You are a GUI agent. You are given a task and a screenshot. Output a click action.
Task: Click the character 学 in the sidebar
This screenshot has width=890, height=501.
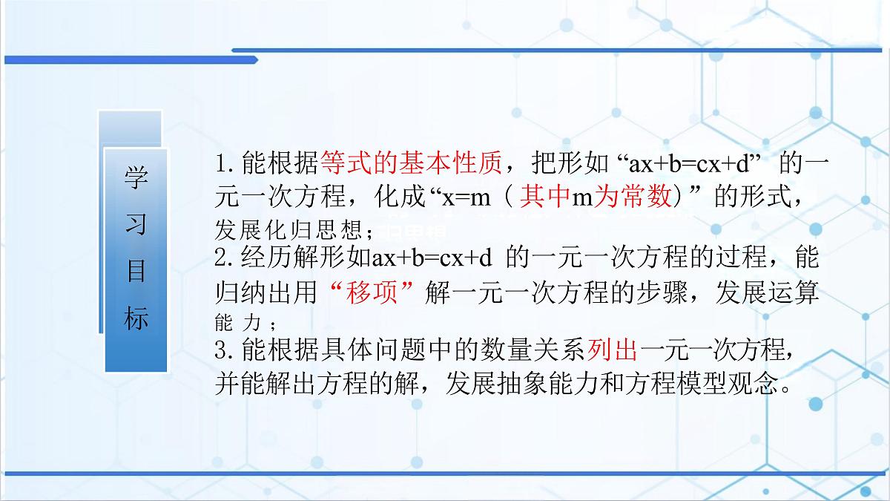click(136, 179)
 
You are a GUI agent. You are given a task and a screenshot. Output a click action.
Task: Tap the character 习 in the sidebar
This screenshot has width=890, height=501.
click(136, 225)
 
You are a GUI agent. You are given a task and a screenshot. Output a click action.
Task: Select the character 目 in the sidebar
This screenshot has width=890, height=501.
click(136, 272)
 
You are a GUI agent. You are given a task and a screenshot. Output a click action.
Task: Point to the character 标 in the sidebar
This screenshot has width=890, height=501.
click(136, 318)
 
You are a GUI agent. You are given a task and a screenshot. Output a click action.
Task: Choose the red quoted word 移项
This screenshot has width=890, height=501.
click(375, 294)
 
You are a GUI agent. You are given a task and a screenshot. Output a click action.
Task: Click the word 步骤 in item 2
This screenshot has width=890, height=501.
click(667, 294)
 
